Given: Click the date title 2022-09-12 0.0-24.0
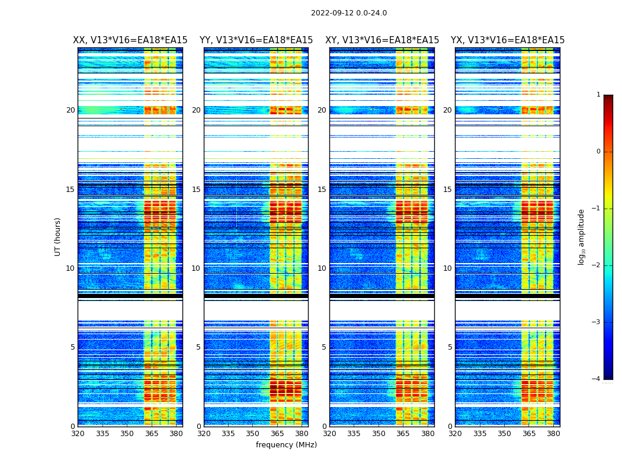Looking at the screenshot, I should click(x=348, y=13).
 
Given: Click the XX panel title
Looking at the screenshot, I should click(x=130, y=40).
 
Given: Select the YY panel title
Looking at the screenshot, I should click(x=256, y=40).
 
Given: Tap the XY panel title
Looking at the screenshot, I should click(x=382, y=40).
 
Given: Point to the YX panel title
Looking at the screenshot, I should click(x=508, y=40).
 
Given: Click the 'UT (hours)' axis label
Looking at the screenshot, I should click(x=57, y=236).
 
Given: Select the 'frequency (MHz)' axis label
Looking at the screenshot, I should click(x=286, y=445).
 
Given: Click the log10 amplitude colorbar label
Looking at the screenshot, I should click(x=582, y=236).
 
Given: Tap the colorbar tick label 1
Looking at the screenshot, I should click(x=598, y=95).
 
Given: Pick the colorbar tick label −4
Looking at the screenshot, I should click(x=597, y=379).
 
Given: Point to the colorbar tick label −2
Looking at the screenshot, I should click(x=597, y=265).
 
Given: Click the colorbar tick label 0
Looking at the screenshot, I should click(x=598, y=152).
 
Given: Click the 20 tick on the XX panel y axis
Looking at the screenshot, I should click(x=70, y=110).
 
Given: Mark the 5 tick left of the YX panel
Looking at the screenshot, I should click(x=450, y=347).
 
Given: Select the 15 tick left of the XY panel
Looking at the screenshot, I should click(x=322, y=190).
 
